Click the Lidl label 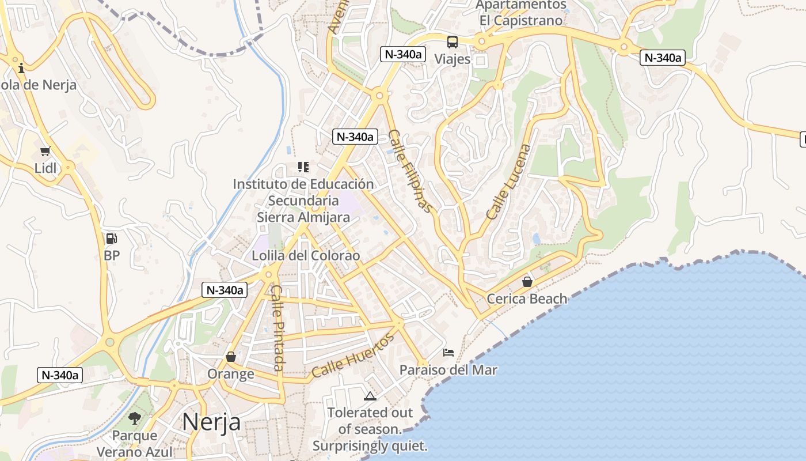[45, 168]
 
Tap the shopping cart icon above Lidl [45, 152]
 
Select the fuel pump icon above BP [111, 239]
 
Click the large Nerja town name [211, 422]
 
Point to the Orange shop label [231, 374]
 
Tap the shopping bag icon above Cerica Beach [527, 282]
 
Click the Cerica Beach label [527, 298]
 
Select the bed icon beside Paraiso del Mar [448, 352]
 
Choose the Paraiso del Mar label [448, 369]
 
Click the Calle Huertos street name [353, 356]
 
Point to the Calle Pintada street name [277, 328]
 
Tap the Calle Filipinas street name [409, 171]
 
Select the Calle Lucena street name [508, 182]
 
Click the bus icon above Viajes [453, 41]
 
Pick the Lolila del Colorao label [306, 255]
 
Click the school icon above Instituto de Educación [303, 167]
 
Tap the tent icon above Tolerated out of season [370, 396]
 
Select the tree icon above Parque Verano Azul [135, 418]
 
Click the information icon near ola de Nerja [21, 68]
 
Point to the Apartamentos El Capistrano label [521, 12]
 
